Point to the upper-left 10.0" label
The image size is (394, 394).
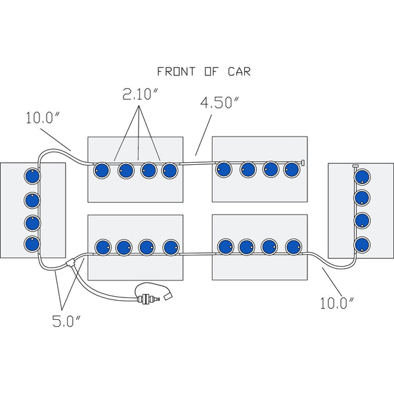[45, 120]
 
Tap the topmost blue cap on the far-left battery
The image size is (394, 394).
[31, 177]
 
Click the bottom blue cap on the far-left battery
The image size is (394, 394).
[31, 244]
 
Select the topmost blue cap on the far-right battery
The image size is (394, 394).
[361, 177]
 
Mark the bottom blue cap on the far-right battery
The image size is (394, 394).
[361, 244]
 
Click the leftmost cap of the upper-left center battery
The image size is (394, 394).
[102, 171]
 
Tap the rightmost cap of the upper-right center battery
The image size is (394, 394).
[291, 169]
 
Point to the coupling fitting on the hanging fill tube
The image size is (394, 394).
[143, 301]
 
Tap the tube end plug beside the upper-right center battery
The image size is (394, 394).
[304, 161]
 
